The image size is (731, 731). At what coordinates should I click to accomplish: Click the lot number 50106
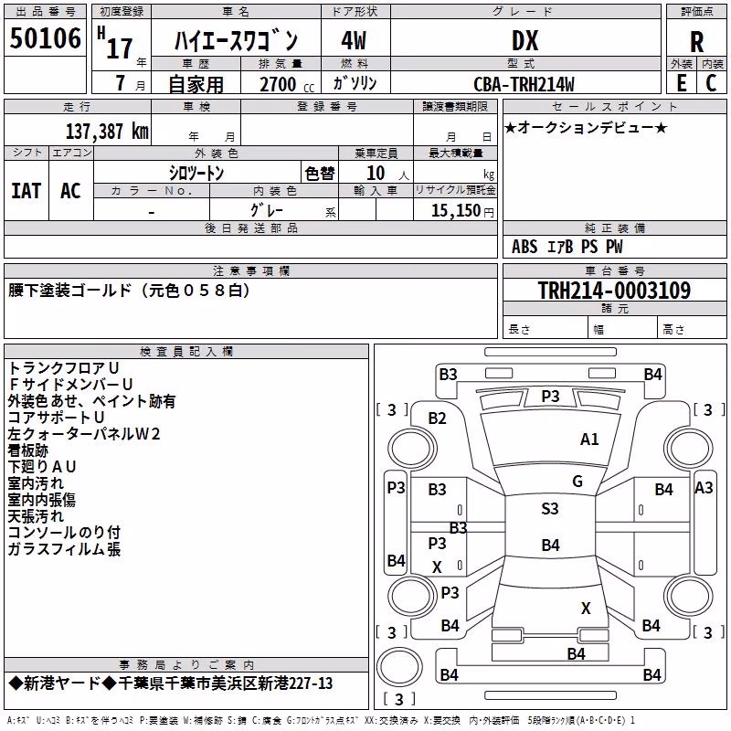(x=45, y=38)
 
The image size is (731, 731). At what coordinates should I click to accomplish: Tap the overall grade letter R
(x=696, y=42)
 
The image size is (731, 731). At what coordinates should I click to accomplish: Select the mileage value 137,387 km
(x=107, y=131)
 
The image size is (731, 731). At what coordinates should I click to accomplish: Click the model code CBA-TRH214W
(x=524, y=84)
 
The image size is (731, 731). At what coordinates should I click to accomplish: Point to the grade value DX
(x=524, y=40)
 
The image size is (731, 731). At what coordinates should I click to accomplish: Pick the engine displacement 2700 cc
(x=286, y=84)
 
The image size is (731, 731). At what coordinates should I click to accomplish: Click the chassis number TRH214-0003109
(x=614, y=291)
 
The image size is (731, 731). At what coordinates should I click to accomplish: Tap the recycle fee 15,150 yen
(x=462, y=211)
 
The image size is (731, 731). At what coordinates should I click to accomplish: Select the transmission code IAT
(x=26, y=191)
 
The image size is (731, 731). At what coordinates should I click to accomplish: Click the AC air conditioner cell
(x=71, y=191)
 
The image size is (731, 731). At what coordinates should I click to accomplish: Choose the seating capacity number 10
(x=376, y=174)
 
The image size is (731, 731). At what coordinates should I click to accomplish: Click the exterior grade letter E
(x=681, y=83)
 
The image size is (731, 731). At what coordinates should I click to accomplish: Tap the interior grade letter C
(x=711, y=83)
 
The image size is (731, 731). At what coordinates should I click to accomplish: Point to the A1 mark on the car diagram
(x=589, y=440)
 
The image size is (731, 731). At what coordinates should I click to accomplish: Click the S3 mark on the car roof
(x=550, y=509)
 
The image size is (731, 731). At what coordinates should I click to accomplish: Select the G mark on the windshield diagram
(x=577, y=482)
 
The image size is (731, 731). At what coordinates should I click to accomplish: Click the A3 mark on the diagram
(x=704, y=488)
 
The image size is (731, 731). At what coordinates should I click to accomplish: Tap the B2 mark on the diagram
(x=437, y=418)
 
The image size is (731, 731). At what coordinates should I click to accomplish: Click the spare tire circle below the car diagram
(x=399, y=666)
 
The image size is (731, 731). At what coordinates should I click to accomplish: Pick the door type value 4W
(x=354, y=40)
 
